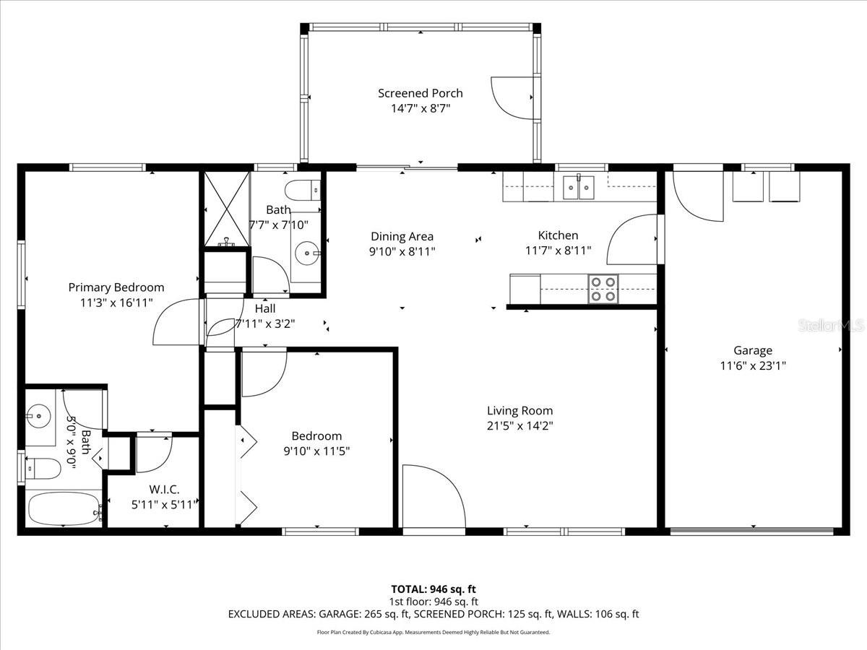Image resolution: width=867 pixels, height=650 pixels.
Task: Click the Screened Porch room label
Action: pos(420,93)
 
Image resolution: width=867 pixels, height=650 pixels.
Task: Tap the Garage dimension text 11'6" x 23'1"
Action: pos(753,365)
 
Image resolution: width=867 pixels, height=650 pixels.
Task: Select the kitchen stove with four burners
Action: pos(603,289)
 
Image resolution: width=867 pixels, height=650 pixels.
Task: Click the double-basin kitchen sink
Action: pos(578,187)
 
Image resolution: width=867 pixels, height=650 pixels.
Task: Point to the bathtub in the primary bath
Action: pos(62,509)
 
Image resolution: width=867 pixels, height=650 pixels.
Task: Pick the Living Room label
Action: pos(519,411)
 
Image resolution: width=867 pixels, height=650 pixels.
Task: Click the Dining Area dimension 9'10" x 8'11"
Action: pos(402,251)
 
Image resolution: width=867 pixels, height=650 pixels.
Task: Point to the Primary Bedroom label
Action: pos(116,287)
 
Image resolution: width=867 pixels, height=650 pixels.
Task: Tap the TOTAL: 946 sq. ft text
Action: pos(433,589)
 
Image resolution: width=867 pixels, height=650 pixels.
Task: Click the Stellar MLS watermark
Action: pos(830,326)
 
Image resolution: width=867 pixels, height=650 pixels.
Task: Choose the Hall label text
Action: pos(264,308)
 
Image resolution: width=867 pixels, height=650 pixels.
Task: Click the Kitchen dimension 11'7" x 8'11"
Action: pos(558,251)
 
